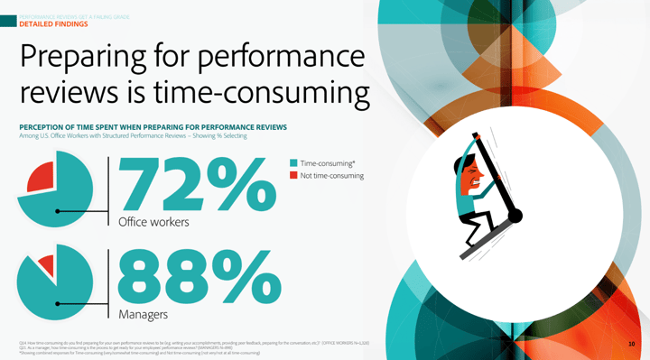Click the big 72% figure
194,185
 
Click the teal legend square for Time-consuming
293,163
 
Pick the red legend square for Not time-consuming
293,176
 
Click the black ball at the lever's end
515,216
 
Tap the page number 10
631,344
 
